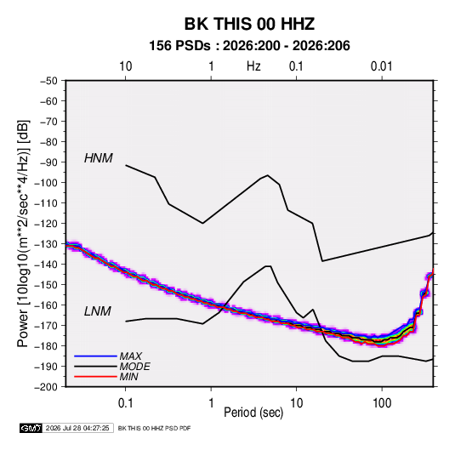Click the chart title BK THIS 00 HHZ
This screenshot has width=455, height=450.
[249, 24]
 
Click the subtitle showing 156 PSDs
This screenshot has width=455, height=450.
[249, 46]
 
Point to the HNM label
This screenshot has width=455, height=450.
[98, 158]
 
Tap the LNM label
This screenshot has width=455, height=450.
[98, 311]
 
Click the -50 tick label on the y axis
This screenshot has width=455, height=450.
[48, 81]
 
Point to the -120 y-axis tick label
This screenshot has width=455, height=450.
[46, 224]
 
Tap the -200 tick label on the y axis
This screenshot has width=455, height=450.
[46, 387]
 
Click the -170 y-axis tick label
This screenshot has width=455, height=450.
[46, 326]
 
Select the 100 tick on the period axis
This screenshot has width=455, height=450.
[382, 403]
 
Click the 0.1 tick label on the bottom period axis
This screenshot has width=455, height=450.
[125, 403]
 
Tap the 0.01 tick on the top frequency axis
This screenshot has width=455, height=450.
[381, 66]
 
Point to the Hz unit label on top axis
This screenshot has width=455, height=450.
[253, 66]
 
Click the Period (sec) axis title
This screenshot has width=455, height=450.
[253, 413]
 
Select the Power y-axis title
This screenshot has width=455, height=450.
[23, 234]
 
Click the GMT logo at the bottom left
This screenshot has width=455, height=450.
[31, 428]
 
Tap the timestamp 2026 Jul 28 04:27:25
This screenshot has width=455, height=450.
[77, 428]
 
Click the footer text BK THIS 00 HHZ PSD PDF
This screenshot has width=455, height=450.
[155, 428]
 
